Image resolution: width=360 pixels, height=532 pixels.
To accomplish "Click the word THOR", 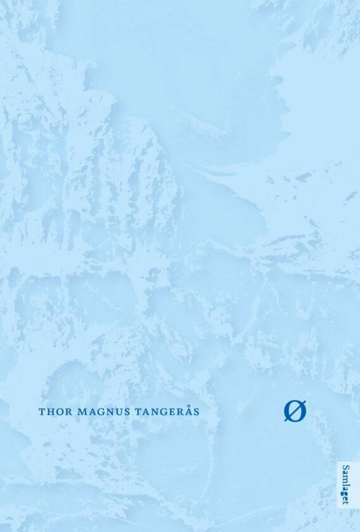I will pyautogui.click(x=55, y=411).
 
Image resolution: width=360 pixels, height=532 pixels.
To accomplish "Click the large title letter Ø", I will pyautogui.click(x=295, y=411).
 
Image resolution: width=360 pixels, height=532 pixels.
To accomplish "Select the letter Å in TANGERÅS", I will pyautogui.click(x=187, y=410).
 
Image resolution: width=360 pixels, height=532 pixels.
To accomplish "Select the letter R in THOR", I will pyautogui.click(x=68, y=411).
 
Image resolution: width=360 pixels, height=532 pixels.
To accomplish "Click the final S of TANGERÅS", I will pyautogui.click(x=196, y=411).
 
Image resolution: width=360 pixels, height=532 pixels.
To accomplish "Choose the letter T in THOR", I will pyautogui.click(x=42, y=411).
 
